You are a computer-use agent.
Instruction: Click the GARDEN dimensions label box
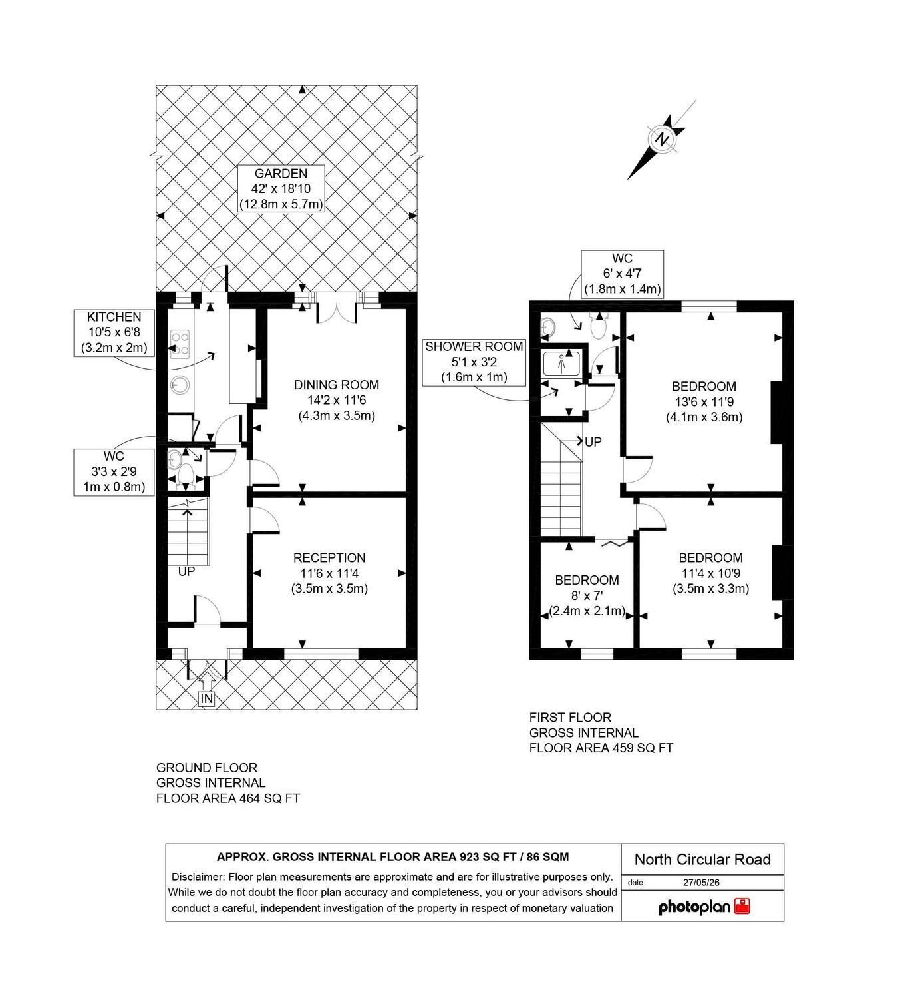coord(281,188)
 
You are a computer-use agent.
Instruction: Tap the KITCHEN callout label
coord(114,332)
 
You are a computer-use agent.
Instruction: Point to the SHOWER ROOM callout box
coord(474,362)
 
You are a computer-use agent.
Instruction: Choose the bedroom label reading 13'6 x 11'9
coord(704,401)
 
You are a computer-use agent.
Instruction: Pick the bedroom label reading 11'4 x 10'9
coord(710,573)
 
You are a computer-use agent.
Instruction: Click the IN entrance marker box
coord(207,699)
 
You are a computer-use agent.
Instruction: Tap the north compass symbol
coord(663,139)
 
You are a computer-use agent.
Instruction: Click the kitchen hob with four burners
coord(180,344)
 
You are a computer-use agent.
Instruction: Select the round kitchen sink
coord(180,385)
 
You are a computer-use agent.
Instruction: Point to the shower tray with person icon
coord(561,363)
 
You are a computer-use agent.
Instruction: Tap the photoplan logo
coord(704,907)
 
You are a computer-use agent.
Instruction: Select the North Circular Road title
coord(702,859)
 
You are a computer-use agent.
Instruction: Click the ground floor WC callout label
coord(114,472)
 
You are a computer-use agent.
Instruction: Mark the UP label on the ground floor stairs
coord(186,571)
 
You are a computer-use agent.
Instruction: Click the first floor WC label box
coord(622,274)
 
